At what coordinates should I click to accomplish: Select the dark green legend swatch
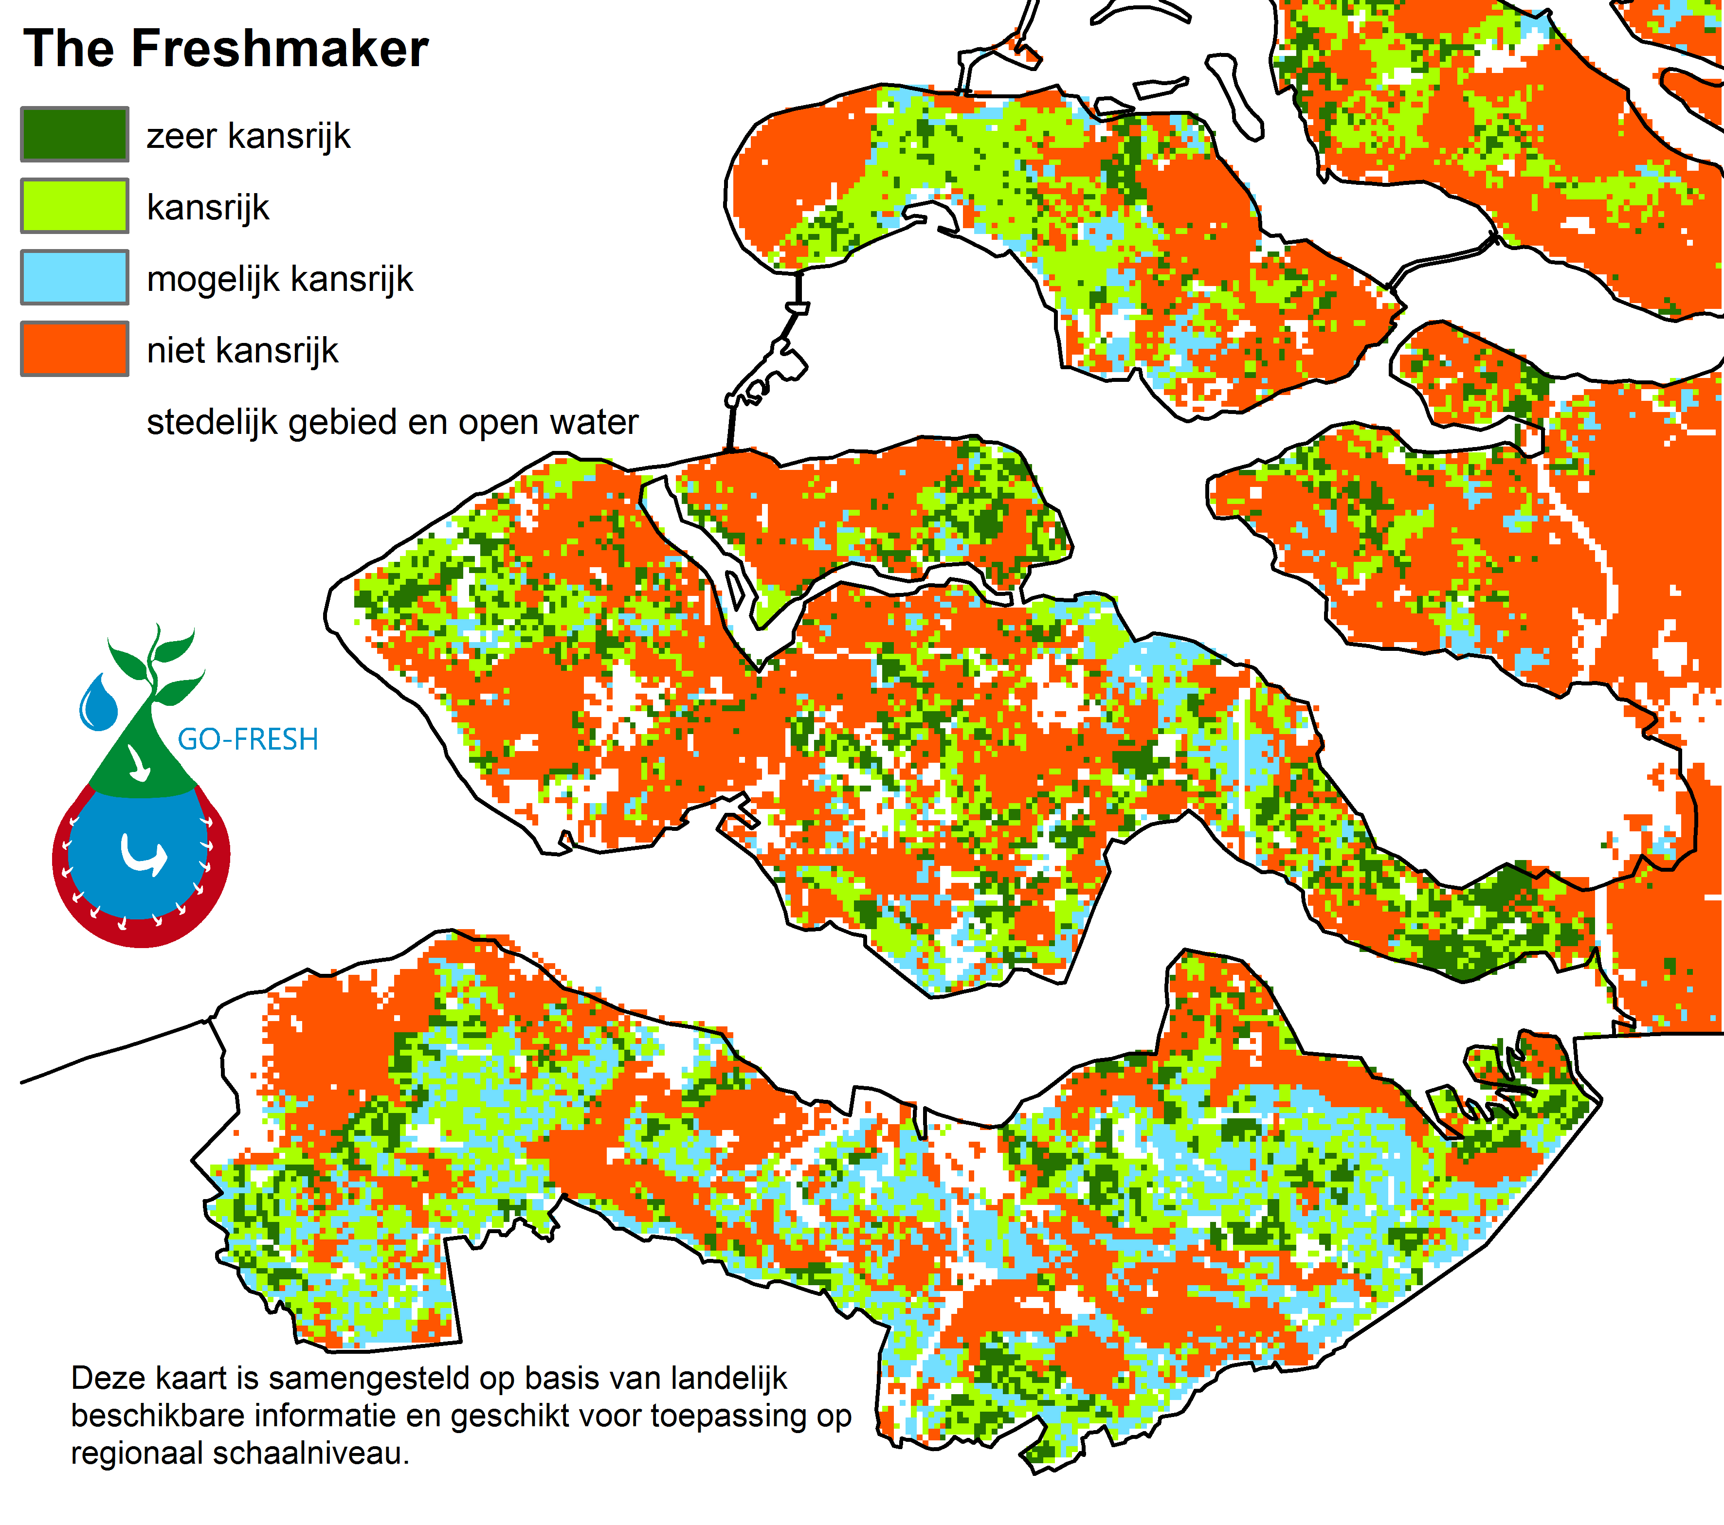click(x=74, y=134)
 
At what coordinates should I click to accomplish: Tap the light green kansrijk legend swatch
click(x=74, y=206)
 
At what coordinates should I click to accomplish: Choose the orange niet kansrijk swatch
click(x=74, y=348)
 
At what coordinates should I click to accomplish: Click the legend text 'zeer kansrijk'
click(x=248, y=136)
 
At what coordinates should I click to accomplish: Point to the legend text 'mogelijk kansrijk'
click(x=279, y=279)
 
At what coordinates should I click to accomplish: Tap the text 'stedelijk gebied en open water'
click(x=392, y=422)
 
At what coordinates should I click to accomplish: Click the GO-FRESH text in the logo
click(x=248, y=739)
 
